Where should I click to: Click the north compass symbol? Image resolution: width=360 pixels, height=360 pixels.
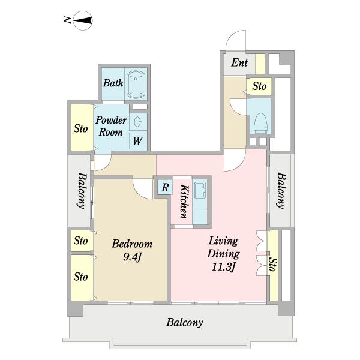(83, 20)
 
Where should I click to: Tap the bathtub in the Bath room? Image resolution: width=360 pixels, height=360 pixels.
(136, 84)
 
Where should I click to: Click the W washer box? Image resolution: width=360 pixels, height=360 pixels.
(137, 141)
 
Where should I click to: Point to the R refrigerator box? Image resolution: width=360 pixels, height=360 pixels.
(165, 187)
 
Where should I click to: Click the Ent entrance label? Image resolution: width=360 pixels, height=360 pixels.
(239, 62)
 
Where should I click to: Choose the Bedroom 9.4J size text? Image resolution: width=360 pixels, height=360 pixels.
(132, 257)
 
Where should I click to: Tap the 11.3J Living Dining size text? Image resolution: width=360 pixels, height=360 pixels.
(223, 267)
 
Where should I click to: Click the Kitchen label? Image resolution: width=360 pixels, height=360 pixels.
(184, 201)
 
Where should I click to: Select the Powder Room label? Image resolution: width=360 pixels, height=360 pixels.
(111, 126)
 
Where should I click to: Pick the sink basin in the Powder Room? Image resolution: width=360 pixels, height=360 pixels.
(137, 121)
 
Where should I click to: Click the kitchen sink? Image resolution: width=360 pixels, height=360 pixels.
(200, 190)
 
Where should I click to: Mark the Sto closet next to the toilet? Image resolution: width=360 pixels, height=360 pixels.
(259, 86)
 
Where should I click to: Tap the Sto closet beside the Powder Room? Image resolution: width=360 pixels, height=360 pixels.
(81, 128)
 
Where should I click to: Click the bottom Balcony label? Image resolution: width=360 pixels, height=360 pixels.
(184, 322)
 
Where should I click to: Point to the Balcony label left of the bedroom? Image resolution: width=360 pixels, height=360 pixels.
(82, 190)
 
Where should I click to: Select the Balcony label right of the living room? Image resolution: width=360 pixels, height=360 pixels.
(281, 190)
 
